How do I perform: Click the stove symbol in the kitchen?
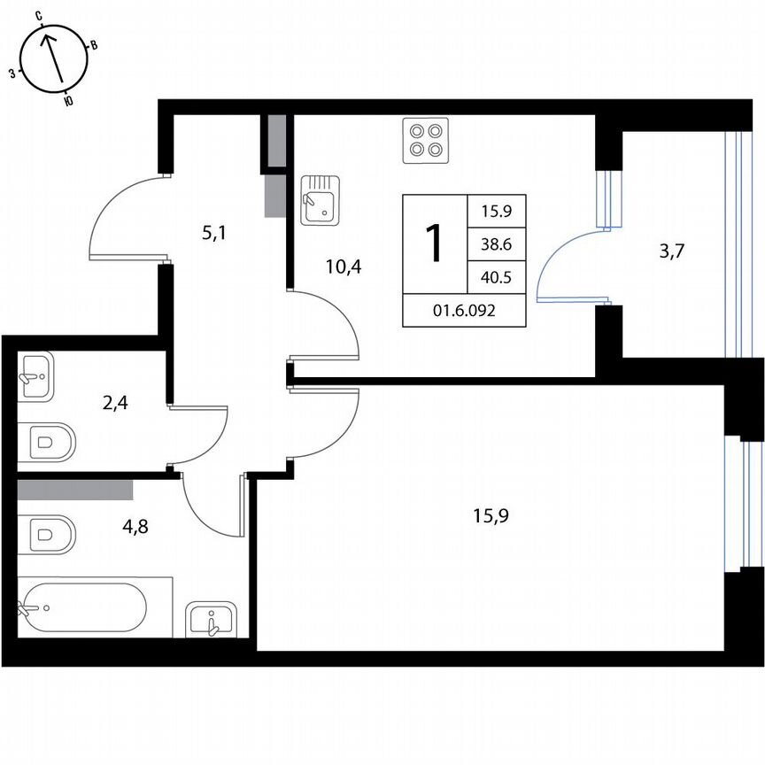(x=425, y=140)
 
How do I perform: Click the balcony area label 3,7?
(x=672, y=251)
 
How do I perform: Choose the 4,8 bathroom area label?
(x=135, y=525)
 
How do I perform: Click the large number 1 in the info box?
(x=434, y=243)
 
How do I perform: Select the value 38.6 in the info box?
(x=497, y=244)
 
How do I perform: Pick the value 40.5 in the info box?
(x=497, y=277)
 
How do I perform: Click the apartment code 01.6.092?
(x=464, y=310)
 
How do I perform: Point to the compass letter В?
(x=95, y=45)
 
